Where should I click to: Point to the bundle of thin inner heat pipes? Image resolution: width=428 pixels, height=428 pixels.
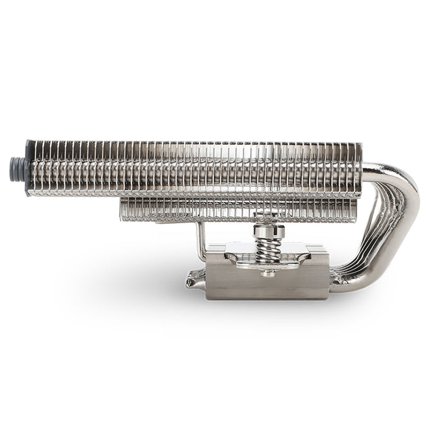(x=373, y=245)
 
